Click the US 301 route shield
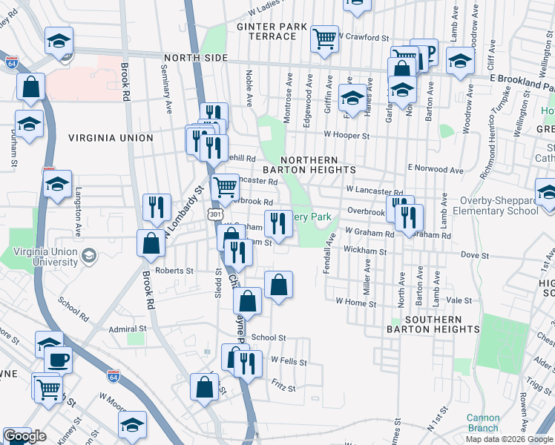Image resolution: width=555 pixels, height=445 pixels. [x=214, y=214]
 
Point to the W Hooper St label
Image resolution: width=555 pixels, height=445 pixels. [x=346, y=136]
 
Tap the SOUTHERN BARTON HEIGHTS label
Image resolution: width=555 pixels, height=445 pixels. [x=433, y=323]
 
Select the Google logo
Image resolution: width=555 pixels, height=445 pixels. [x=24, y=437]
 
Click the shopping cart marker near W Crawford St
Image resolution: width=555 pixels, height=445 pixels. [x=325, y=40]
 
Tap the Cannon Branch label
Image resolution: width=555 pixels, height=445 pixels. [x=483, y=423]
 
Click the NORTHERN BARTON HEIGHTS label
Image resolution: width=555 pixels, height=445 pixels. [x=319, y=165]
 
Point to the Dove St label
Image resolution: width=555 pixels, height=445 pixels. [x=472, y=255]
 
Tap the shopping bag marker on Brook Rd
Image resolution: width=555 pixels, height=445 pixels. [x=151, y=243]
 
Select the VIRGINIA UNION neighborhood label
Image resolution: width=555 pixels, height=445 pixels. [x=111, y=138]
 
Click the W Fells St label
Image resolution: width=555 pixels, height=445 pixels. [x=289, y=360]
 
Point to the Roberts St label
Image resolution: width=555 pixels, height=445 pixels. [x=174, y=271]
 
